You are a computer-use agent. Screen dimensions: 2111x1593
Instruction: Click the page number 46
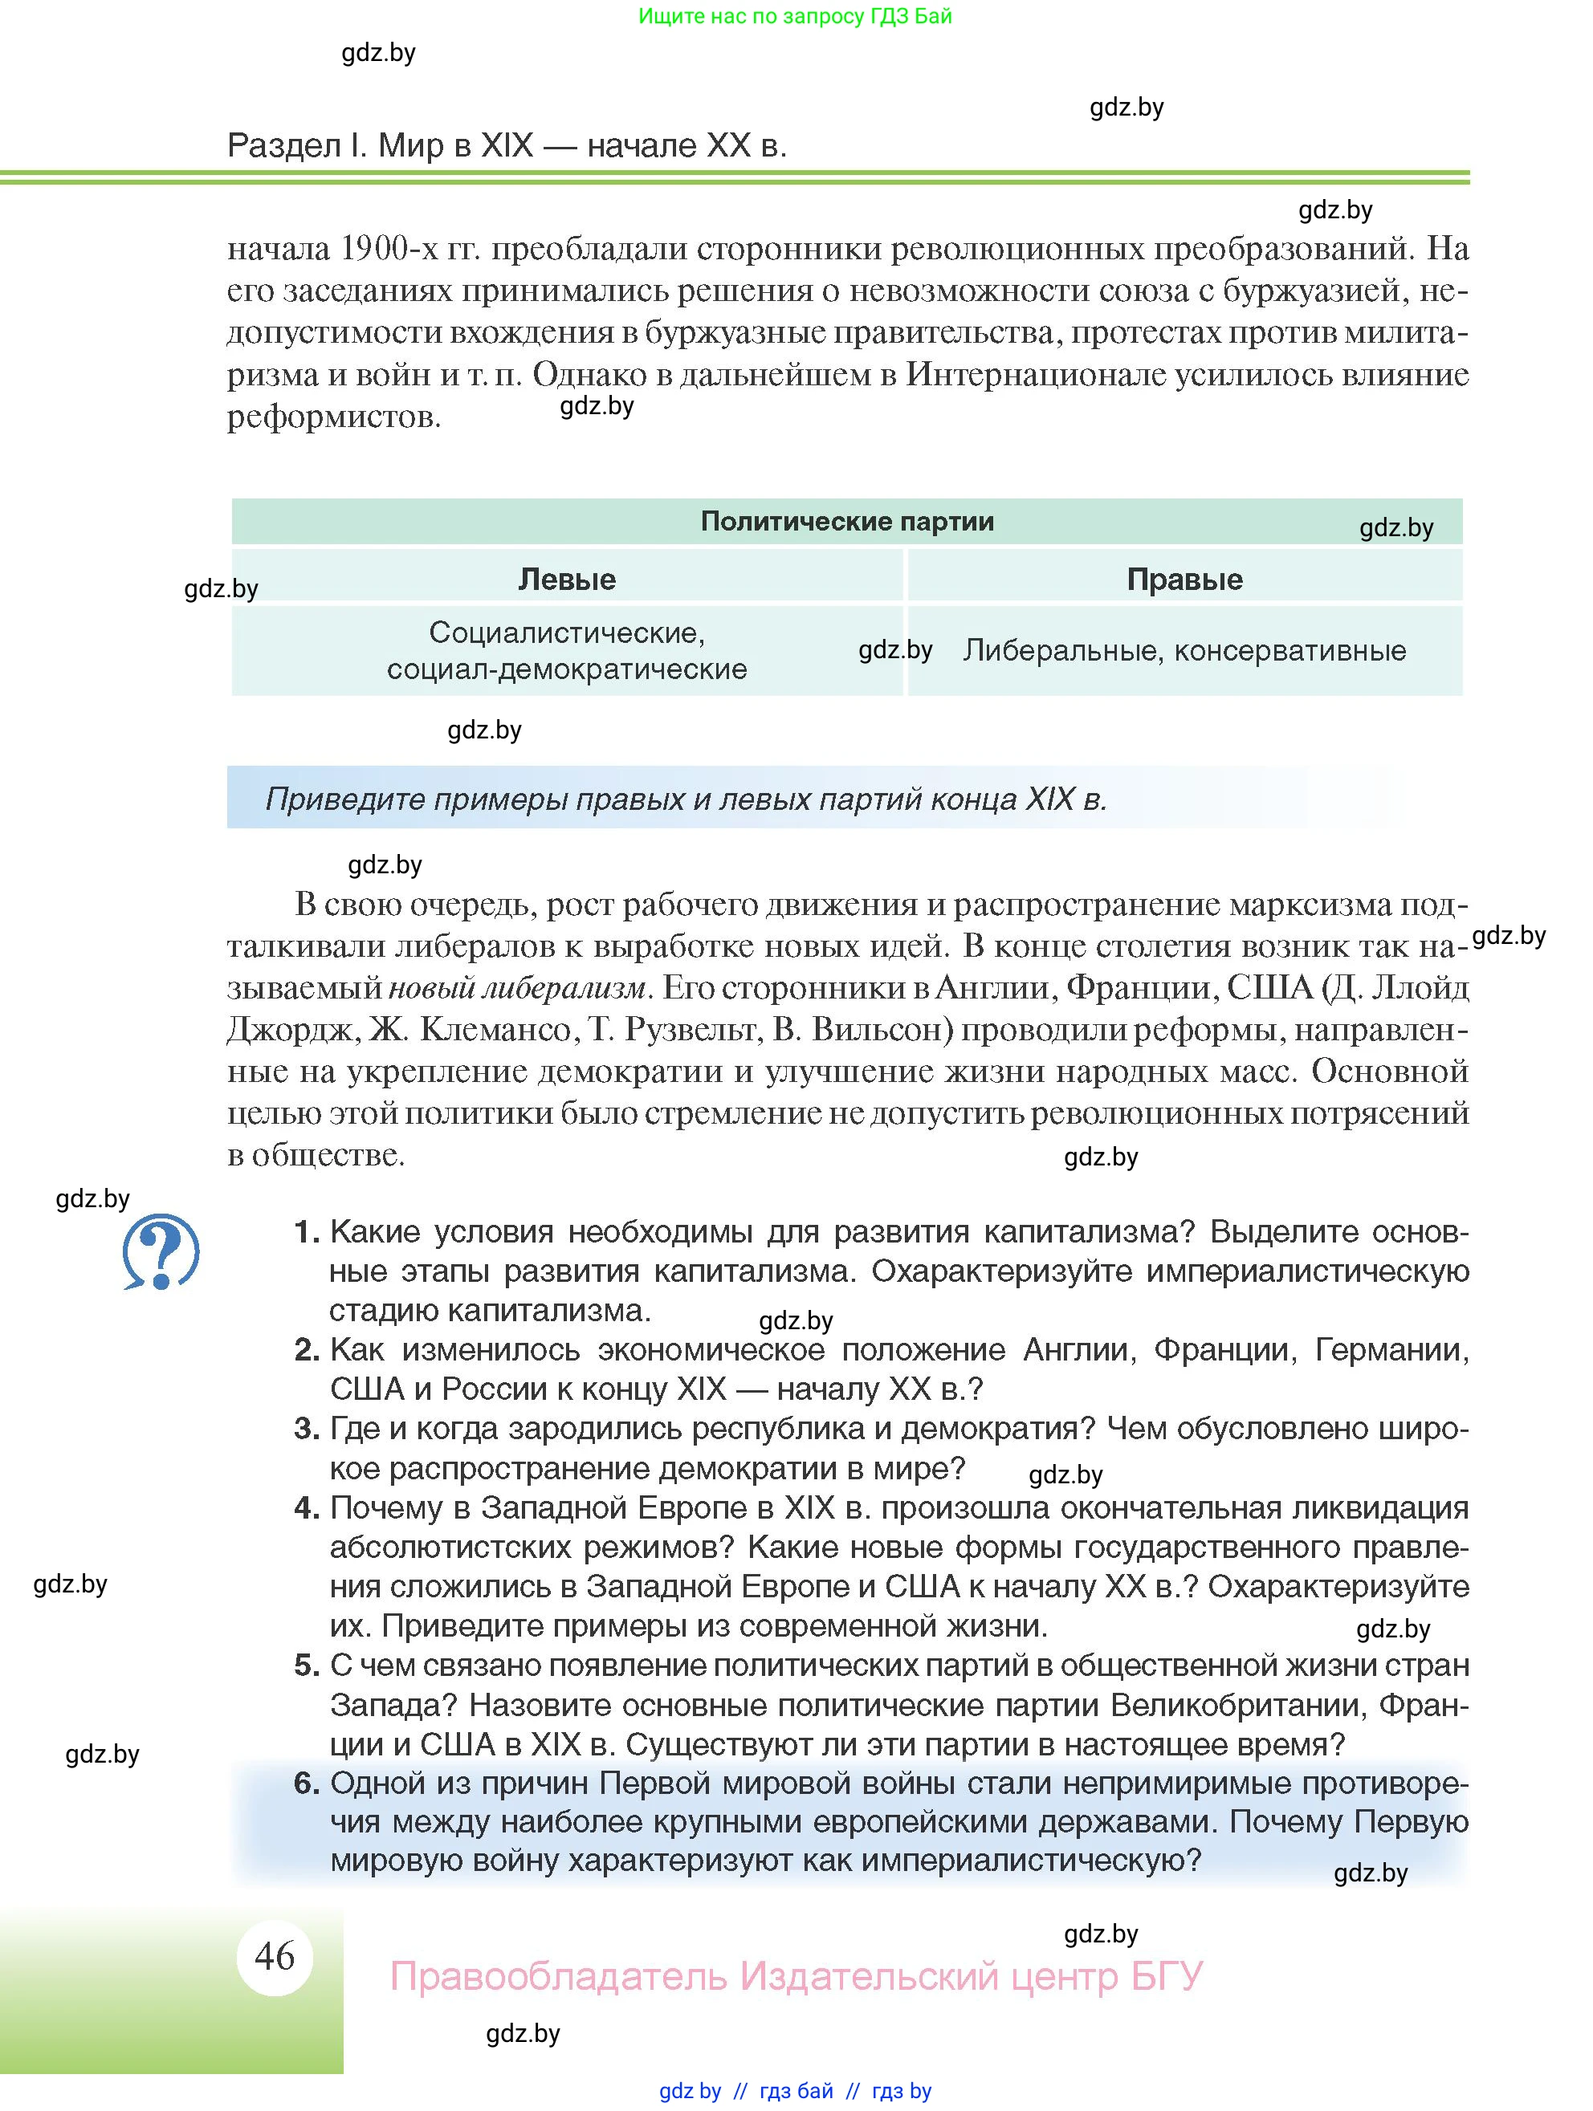click(x=275, y=1956)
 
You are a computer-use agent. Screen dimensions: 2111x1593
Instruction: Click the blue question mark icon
click(x=161, y=1252)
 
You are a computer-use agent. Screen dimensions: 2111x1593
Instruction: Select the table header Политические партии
click(x=846, y=521)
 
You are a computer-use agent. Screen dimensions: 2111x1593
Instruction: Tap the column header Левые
click(x=567, y=580)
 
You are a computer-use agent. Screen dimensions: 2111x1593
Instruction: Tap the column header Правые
click(x=1184, y=580)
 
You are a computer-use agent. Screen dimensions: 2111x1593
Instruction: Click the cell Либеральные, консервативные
click(x=1184, y=651)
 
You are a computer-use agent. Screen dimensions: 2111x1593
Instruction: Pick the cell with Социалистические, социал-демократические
click(x=567, y=651)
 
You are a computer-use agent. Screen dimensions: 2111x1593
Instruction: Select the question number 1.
click(x=305, y=1232)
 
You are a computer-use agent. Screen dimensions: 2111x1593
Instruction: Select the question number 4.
click(x=305, y=1508)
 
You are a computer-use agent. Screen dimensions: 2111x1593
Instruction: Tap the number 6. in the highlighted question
click(x=305, y=1783)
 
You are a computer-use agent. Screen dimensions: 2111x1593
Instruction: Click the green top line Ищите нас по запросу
click(x=794, y=16)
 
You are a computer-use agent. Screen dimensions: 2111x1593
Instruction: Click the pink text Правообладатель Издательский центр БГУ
click(x=796, y=1975)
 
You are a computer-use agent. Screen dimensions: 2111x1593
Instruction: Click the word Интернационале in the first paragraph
click(x=1035, y=374)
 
